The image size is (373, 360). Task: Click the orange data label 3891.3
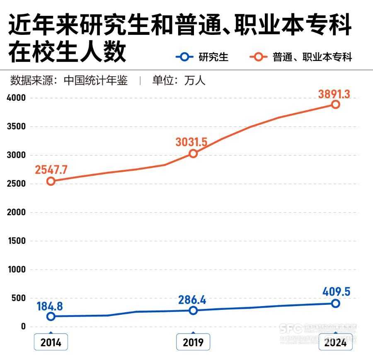pyautogui.click(x=334, y=94)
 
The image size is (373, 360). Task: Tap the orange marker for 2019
pyautogui.click(x=193, y=153)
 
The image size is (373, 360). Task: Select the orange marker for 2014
pyautogui.click(x=51, y=181)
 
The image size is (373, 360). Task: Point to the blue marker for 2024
pyautogui.click(x=335, y=304)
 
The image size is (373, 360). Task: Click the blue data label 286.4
pyautogui.click(x=192, y=300)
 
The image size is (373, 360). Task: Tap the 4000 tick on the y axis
pyautogui.click(x=17, y=98)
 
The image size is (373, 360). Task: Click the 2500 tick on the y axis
pyautogui.click(x=17, y=184)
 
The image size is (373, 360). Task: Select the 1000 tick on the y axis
pyautogui.click(x=17, y=270)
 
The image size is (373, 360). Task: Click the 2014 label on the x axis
pyautogui.click(x=51, y=343)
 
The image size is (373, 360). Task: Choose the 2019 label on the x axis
pyautogui.click(x=193, y=343)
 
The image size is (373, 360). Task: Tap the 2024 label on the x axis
pyautogui.click(x=335, y=343)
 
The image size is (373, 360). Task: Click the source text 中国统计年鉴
pyautogui.click(x=95, y=80)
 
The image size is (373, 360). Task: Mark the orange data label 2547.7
pyautogui.click(x=51, y=170)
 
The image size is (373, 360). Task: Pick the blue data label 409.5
pyautogui.click(x=336, y=292)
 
